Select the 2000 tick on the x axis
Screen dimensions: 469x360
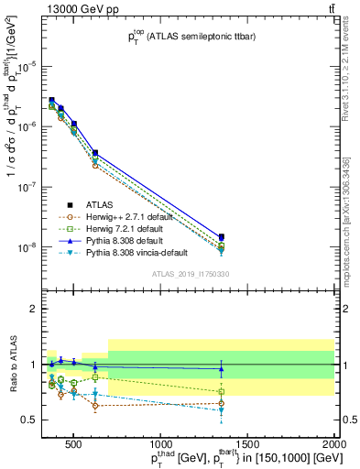(x=334, y=443)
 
